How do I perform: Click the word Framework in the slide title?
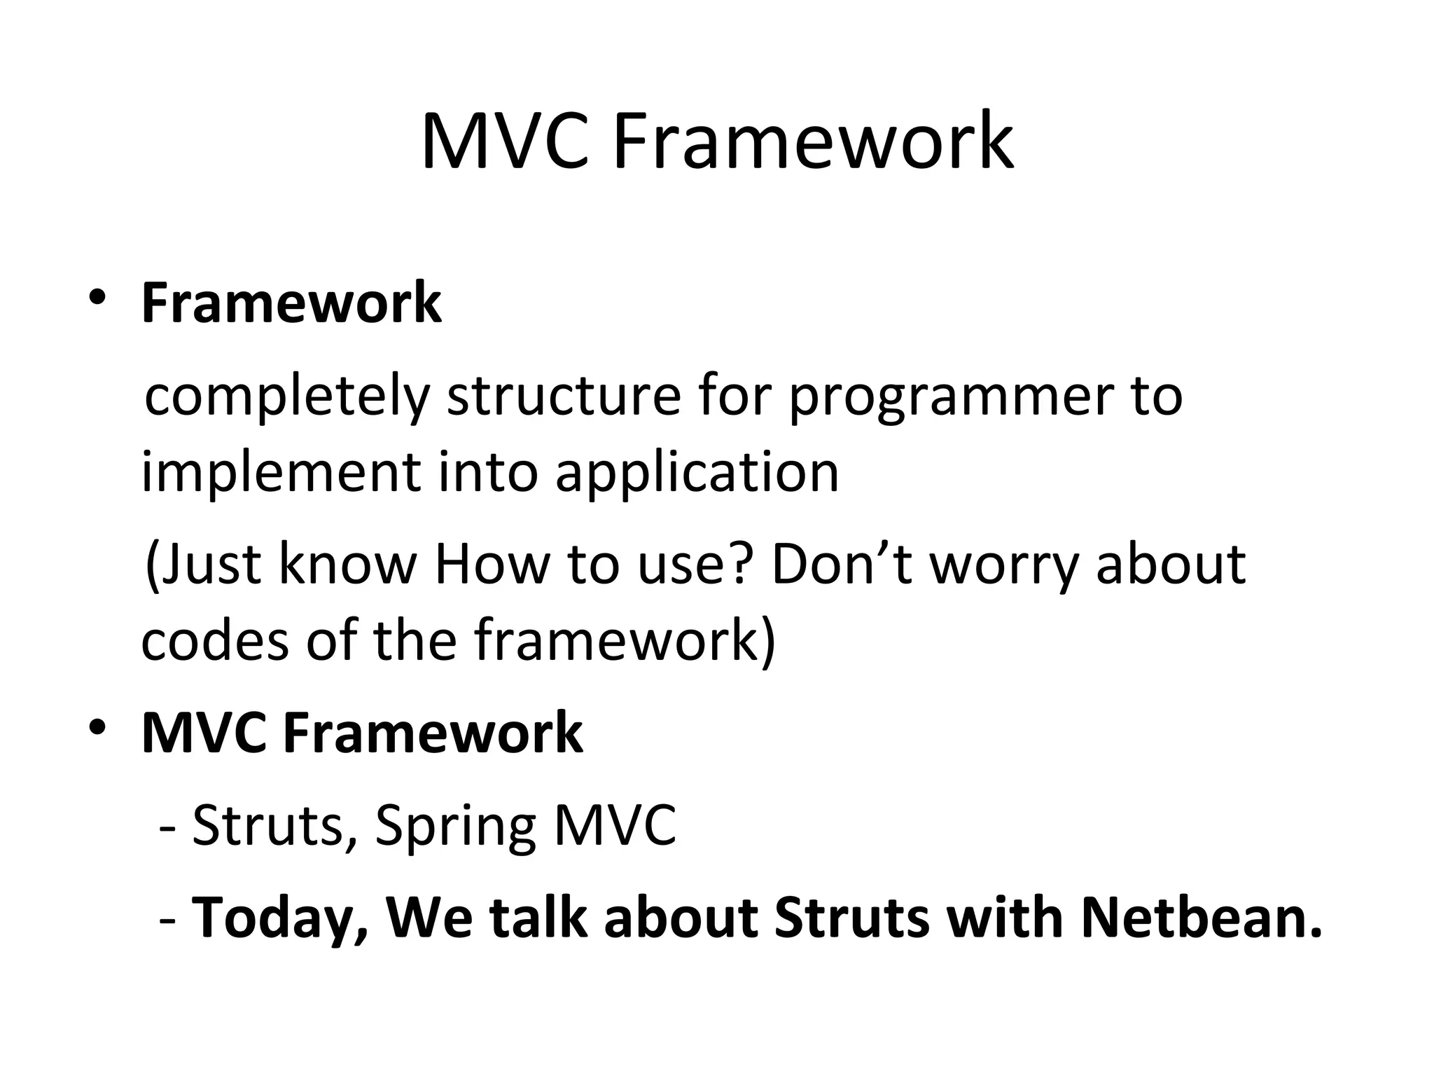[x=812, y=142]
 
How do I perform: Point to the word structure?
[x=564, y=396]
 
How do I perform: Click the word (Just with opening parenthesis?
[x=202, y=565]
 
